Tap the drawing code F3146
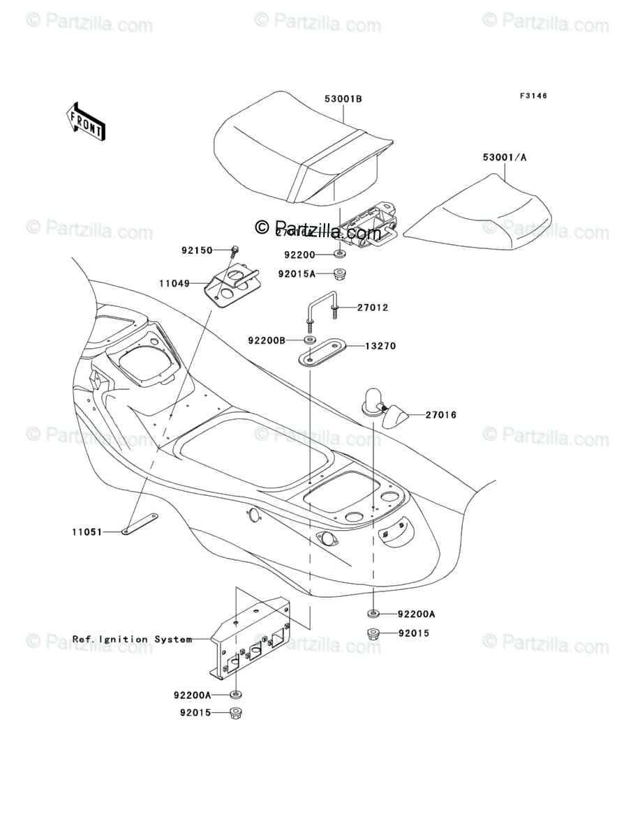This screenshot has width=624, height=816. click(533, 96)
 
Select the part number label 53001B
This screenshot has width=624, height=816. click(343, 99)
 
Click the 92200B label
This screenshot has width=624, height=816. click(266, 341)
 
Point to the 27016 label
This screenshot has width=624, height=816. click(441, 415)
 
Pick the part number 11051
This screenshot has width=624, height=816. click(87, 531)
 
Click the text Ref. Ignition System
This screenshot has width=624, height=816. click(132, 639)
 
